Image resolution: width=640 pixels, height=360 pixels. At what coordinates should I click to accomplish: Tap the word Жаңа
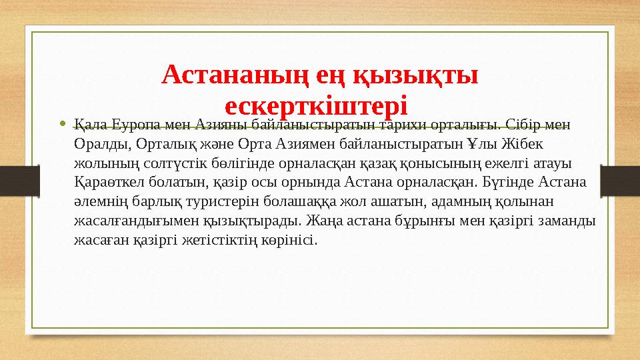click(x=363, y=221)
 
